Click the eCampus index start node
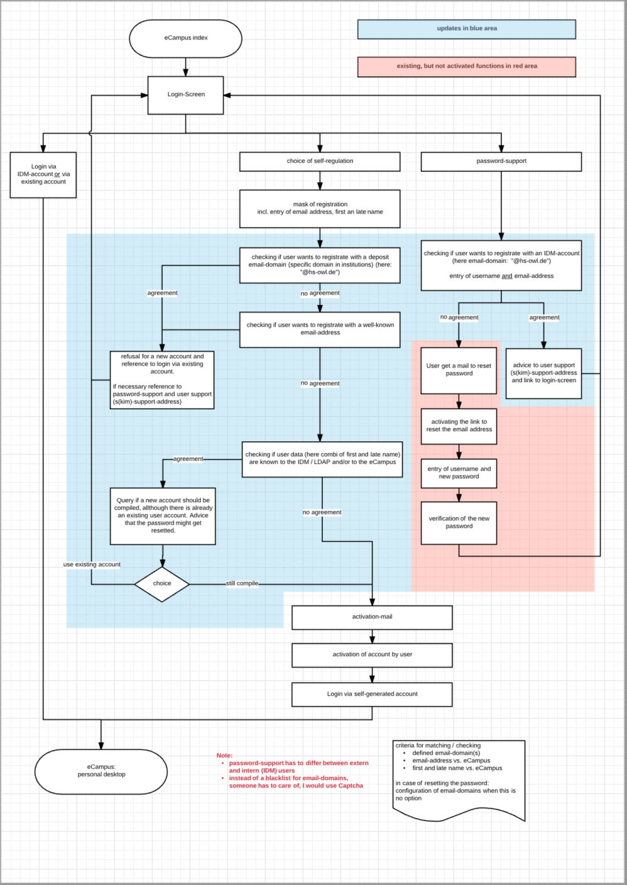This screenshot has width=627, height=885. click(x=185, y=38)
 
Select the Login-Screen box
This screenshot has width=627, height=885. click(x=185, y=95)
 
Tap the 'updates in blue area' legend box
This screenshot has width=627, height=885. click(x=466, y=29)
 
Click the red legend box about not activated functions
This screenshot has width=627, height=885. click(x=466, y=67)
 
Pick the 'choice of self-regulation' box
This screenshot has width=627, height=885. click(x=320, y=162)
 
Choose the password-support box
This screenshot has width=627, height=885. click(x=501, y=162)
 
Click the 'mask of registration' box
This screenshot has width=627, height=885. click(x=320, y=209)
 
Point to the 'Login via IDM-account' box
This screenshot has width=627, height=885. click(x=43, y=175)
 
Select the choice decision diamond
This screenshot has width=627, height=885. click(x=162, y=584)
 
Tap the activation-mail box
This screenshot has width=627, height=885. click(x=372, y=617)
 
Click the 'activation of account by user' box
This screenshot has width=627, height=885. click(x=372, y=655)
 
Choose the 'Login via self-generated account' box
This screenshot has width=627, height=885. click(x=372, y=695)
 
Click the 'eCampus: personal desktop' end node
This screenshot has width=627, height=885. click(x=101, y=771)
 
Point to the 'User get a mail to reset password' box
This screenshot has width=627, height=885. click(x=459, y=370)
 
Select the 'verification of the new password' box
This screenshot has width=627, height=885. click(x=459, y=523)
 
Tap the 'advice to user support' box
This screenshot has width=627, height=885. click(x=543, y=373)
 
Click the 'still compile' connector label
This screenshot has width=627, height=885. click(x=242, y=584)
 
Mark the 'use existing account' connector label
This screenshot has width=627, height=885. click(x=92, y=564)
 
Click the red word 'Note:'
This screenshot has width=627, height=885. click(x=224, y=756)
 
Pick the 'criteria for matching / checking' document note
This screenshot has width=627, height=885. click(x=459, y=779)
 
